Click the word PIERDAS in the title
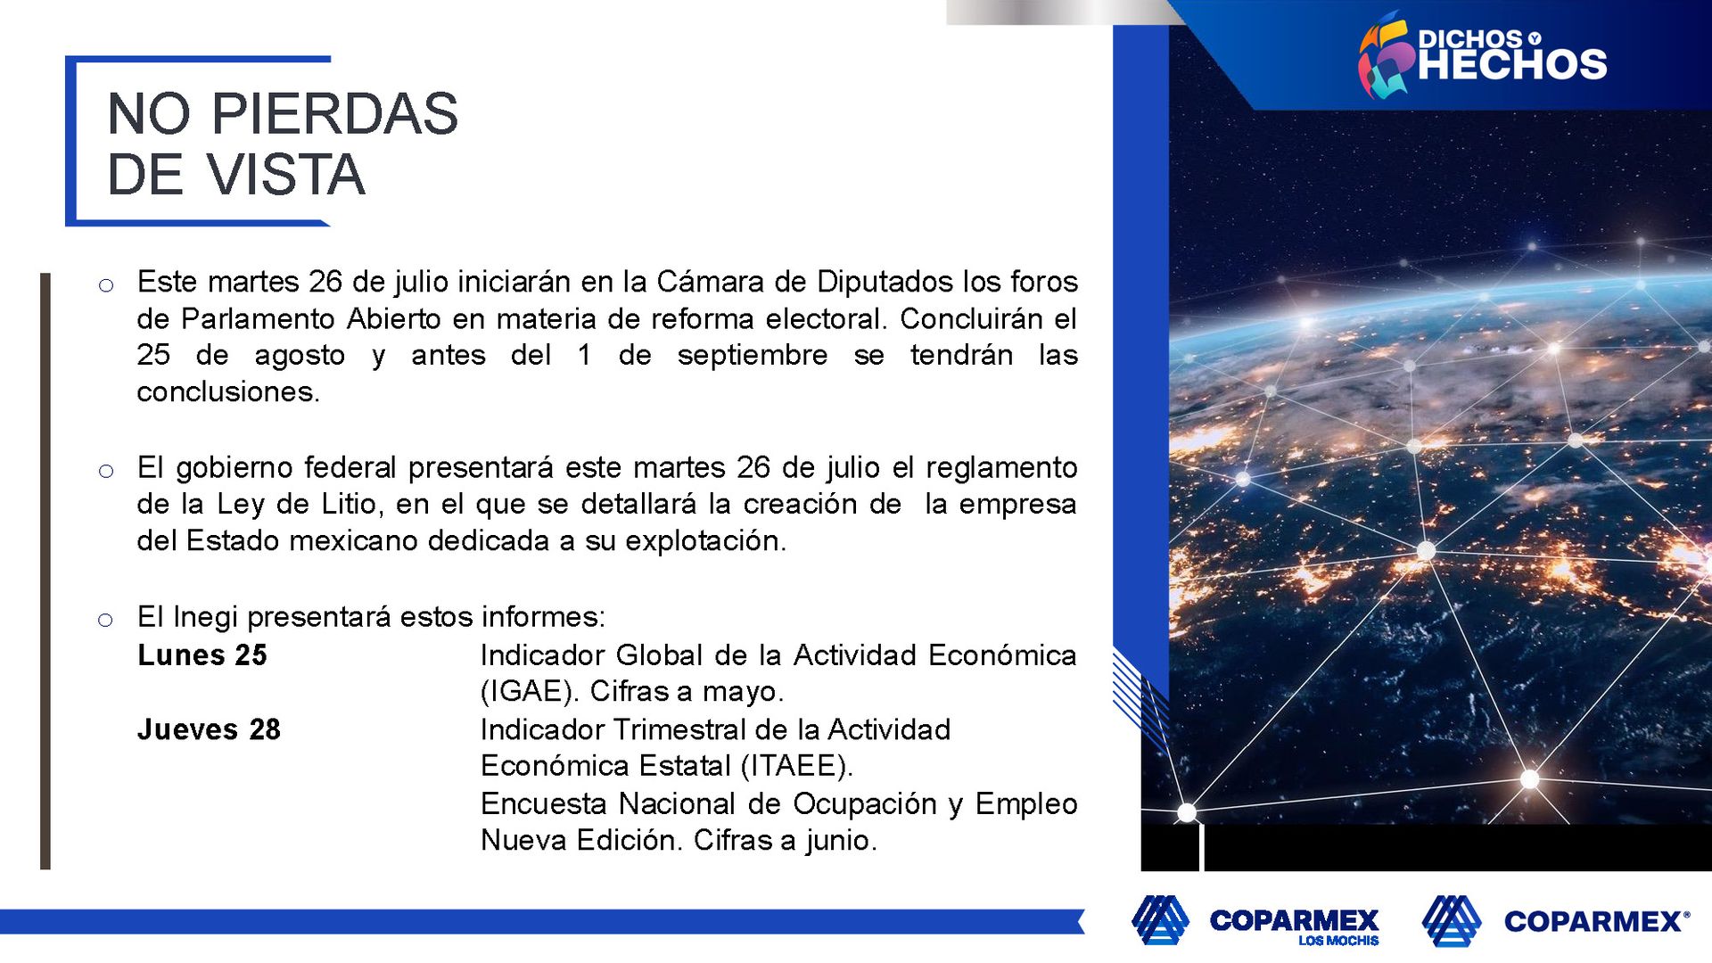(334, 114)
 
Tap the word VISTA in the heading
(286, 175)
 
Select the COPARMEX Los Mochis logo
(1255, 920)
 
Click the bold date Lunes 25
(202, 655)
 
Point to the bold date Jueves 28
(209, 729)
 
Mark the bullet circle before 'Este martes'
(106, 285)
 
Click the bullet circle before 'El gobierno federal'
(106, 471)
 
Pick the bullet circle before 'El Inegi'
(105, 620)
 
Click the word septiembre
(753, 356)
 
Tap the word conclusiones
(228, 391)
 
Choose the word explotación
(706, 541)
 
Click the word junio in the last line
(842, 840)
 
